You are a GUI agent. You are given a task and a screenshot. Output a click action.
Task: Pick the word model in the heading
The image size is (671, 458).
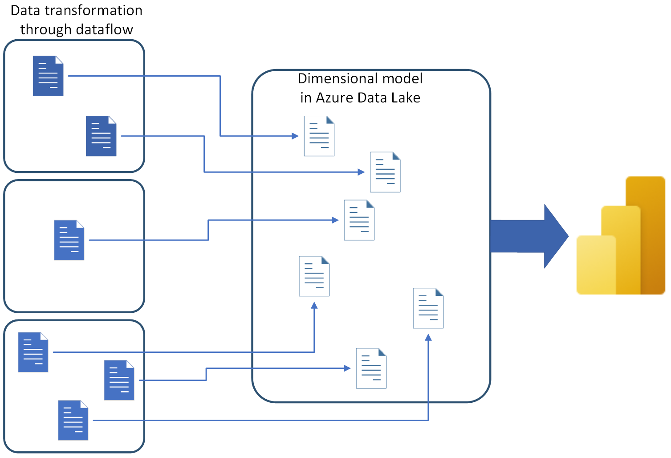click(403, 78)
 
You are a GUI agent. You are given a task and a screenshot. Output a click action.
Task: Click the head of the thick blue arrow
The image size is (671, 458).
click(555, 236)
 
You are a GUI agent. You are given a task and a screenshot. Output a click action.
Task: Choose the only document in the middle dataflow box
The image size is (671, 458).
click(69, 240)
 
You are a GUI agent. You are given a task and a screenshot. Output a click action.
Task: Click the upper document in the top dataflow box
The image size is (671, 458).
click(48, 76)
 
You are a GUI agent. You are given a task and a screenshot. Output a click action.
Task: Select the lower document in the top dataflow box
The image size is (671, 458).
click(101, 136)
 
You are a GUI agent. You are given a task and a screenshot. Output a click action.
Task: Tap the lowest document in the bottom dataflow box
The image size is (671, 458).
click(73, 420)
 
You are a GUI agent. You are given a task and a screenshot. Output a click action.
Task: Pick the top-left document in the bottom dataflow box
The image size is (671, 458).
click(33, 352)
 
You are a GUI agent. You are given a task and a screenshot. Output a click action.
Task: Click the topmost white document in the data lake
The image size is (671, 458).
click(319, 136)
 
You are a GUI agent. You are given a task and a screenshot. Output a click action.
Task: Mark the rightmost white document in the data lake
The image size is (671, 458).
click(428, 308)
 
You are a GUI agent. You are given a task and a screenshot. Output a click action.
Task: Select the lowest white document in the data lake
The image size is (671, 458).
click(371, 368)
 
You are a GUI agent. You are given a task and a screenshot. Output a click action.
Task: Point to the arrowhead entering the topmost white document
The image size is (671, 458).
click(295, 136)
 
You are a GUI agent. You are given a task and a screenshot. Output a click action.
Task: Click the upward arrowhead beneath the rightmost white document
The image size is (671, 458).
click(428, 338)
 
